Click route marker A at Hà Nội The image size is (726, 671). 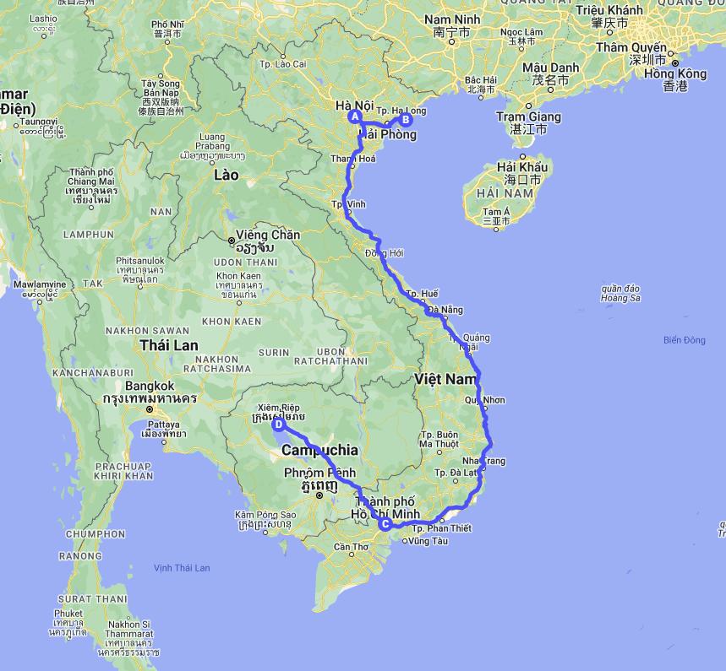point(355,116)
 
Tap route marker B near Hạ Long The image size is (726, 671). point(406,120)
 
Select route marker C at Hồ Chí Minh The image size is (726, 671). point(385,524)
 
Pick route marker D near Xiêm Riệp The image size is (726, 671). point(278,425)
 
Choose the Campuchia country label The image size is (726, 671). point(319,450)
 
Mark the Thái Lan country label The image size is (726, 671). point(169,344)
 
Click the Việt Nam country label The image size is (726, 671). point(446,380)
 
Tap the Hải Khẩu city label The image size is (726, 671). point(522,167)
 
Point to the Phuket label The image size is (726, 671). point(69,614)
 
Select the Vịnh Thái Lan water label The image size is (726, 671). point(181,568)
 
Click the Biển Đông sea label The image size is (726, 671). point(684,340)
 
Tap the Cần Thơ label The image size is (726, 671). point(352,546)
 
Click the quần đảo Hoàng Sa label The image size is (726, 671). point(620,292)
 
